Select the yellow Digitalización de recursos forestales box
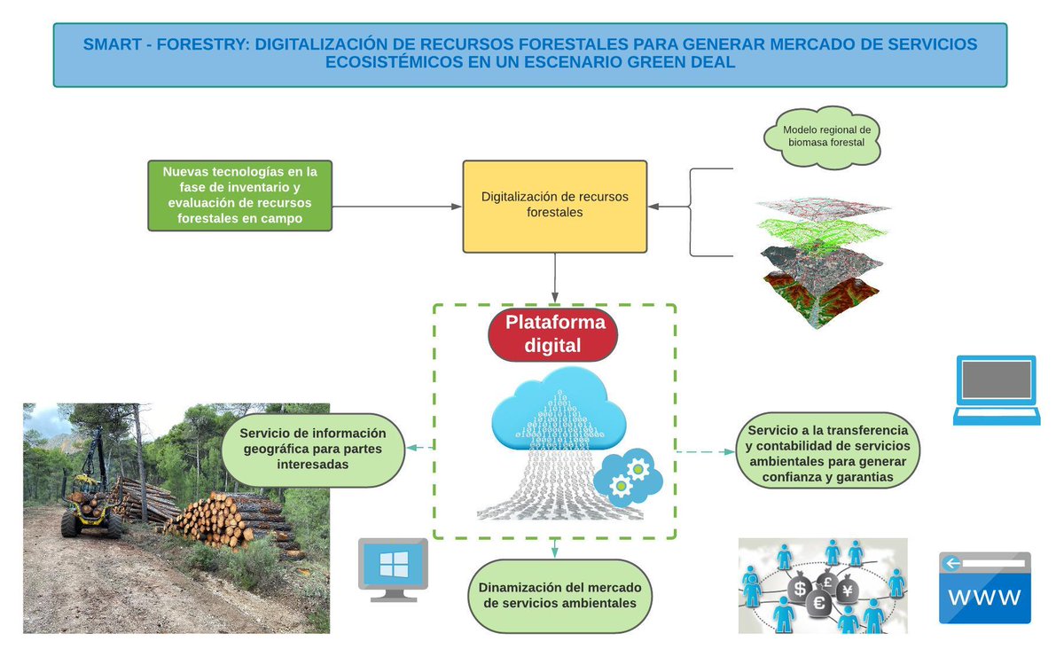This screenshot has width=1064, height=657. tap(555, 206)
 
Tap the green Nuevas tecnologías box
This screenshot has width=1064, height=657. tap(239, 195)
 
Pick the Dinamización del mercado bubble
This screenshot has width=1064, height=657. tap(559, 596)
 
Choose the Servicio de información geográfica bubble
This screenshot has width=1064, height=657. tap(313, 449)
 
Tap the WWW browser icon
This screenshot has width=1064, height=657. tap(985, 589)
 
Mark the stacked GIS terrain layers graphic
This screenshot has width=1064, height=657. tap(819, 262)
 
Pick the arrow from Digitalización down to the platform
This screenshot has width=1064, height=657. tap(555, 278)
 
